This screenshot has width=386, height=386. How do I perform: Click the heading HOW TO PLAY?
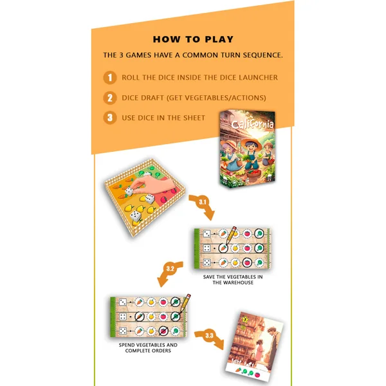pyautogui.click(x=193, y=39)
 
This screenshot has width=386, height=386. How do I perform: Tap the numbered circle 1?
pyautogui.click(x=110, y=78)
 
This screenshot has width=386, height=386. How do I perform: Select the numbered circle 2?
pyautogui.click(x=110, y=98)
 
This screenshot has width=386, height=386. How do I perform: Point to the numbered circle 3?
pyautogui.click(x=110, y=118)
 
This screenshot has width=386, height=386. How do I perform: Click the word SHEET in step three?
pyautogui.click(x=194, y=118)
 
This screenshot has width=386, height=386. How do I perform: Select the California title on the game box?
pyautogui.click(x=253, y=123)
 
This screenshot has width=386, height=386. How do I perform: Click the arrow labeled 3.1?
pyautogui.click(x=203, y=206)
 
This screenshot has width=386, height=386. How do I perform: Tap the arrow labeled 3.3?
pyautogui.click(x=210, y=338)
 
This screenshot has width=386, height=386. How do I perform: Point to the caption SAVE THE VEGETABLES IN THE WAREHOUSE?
pyautogui.click(x=233, y=280)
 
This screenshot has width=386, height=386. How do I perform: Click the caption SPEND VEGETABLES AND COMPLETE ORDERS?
pyautogui.click(x=148, y=347)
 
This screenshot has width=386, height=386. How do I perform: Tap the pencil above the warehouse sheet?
pyautogui.click(x=232, y=235)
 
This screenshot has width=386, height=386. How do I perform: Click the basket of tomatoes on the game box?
pyautogui.click(x=253, y=175)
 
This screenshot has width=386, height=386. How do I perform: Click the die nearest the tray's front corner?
pyautogui.click(x=135, y=216)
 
